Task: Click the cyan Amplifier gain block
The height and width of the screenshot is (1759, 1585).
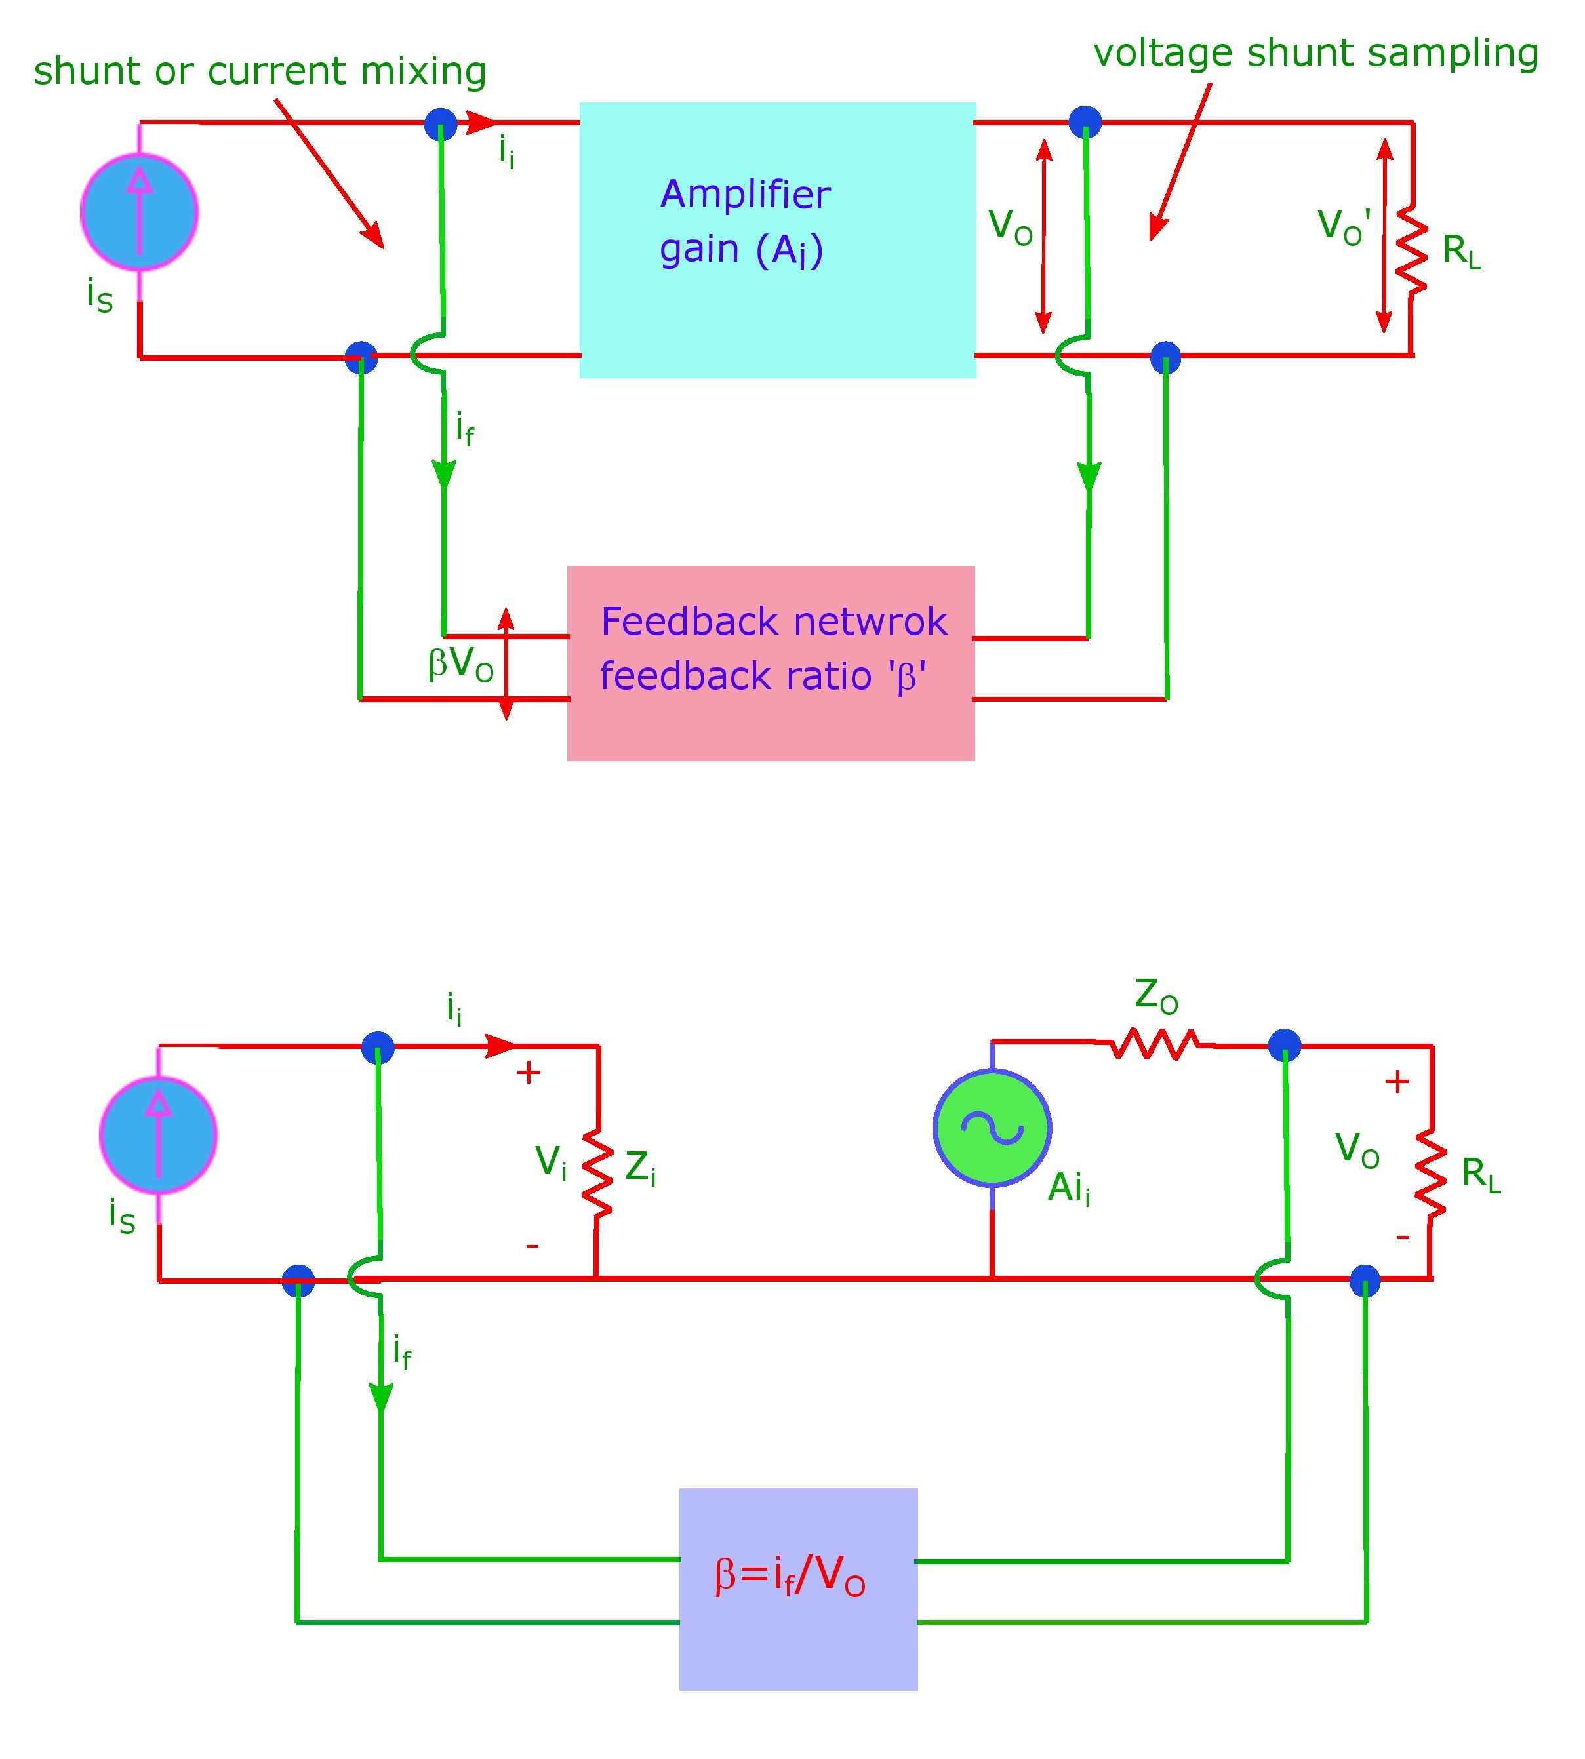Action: tap(777, 239)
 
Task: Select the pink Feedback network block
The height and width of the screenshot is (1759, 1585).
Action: tap(771, 663)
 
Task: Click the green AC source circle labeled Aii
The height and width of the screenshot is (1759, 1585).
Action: tap(992, 1128)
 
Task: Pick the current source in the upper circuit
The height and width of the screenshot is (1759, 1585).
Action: tap(139, 212)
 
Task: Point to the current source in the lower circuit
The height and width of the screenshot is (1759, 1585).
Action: tap(159, 1135)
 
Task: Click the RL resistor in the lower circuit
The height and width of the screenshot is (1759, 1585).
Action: tap(1431, 1172)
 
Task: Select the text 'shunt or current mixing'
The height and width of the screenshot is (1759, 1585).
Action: tap(260, 71)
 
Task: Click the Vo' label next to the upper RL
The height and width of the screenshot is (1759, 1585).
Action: tap(1344, 226)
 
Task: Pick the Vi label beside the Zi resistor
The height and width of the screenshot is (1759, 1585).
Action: tap(550, 1162)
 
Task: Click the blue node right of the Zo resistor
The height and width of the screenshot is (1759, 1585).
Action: tap(1285, 1045)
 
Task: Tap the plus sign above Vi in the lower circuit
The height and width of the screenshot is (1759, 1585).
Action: tap(529, 1073)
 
